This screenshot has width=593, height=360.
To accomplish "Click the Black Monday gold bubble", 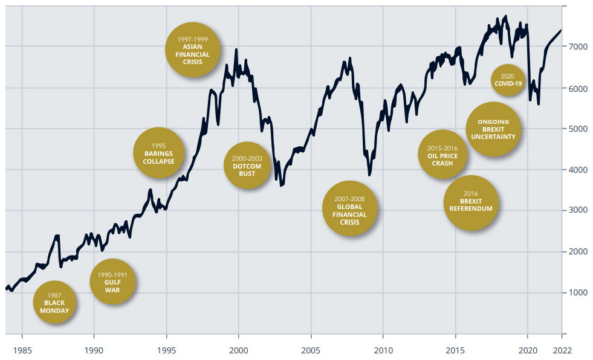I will (59, 303).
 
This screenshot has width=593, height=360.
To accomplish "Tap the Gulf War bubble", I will (112, 282).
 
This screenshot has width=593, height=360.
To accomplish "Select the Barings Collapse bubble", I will (158, 153).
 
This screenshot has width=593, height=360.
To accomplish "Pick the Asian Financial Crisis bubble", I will (193, 50).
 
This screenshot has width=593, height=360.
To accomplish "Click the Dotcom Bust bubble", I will (247, 166).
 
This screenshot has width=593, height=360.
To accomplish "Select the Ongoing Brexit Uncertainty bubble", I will (493, 129).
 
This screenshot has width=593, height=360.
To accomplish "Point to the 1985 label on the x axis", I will (22, 349).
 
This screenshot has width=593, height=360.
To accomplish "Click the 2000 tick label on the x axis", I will (238, 349).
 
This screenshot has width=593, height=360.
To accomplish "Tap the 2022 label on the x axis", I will (562, 349).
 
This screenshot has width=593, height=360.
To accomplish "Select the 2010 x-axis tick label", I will (383, 349).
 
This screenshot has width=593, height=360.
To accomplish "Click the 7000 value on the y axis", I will (577, 47).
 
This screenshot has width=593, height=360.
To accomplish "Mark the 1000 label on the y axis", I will (577, 292).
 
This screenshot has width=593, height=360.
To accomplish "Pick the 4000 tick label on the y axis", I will (577, 170).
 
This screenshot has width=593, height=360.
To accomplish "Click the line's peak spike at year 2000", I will (236, 50).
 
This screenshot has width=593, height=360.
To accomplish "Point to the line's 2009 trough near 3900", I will (369, 175).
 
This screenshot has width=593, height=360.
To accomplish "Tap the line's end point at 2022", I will (562, 30).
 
